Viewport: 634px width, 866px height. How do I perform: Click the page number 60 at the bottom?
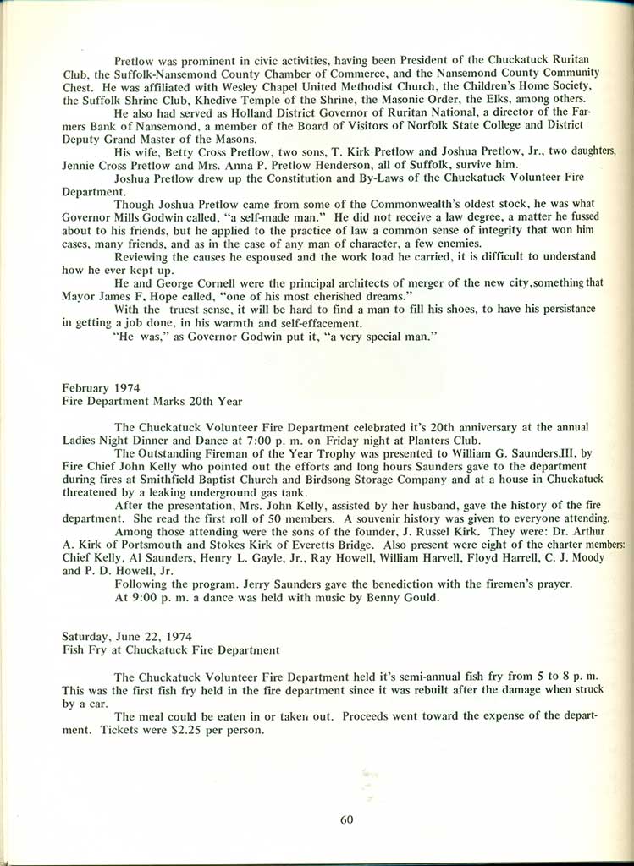[346, 818]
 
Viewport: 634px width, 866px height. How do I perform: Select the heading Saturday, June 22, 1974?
[122, 635]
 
